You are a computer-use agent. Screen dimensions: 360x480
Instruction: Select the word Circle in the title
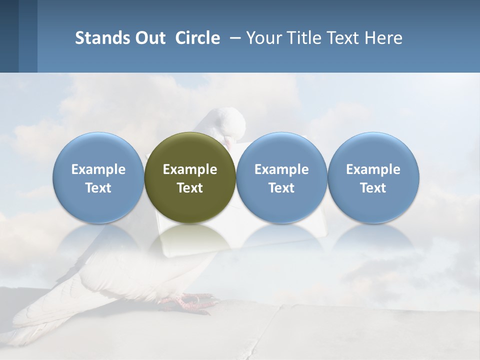tap(197, 38)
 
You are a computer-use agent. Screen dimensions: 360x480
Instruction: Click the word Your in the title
tap(262, 38)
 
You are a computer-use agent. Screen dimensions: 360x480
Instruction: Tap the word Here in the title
tap(383, 38)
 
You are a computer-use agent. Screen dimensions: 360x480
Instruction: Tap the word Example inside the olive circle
tap(190, 169)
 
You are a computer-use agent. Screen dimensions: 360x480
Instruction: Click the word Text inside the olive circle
tap(190, 188)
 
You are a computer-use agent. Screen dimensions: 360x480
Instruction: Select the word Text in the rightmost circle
tap(373, 188)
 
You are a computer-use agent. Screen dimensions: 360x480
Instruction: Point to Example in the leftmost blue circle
tap(98, 169)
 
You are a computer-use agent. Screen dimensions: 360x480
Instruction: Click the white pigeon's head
tap(227, 122)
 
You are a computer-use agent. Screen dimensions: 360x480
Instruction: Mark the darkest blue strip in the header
tap(9, 36)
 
